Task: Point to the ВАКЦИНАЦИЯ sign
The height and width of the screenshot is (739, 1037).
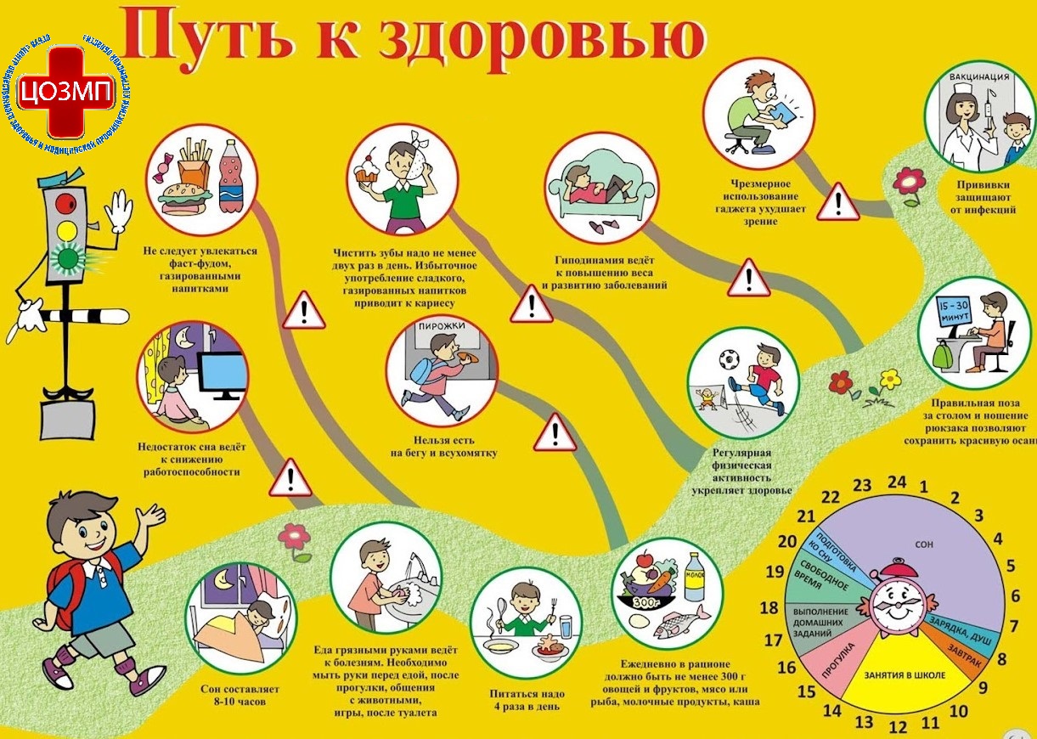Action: pyautogui.click(x=980, y=78)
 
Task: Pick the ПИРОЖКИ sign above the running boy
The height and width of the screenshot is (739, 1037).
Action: pyautogui.click(x=440, y=325)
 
